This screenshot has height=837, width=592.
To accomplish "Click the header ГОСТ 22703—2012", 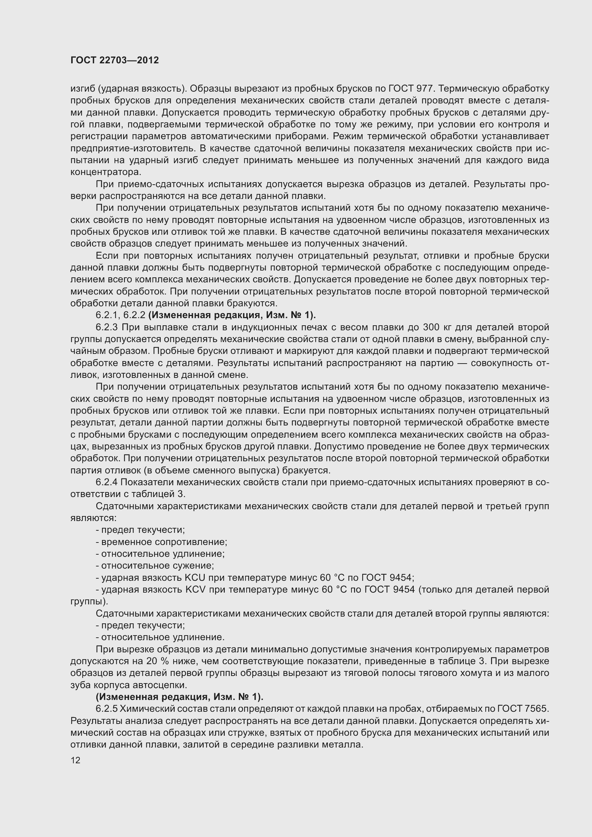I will (115, 60).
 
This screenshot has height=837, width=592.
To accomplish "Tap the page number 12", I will (76, 760).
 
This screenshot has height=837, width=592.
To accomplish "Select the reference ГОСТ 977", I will (410, 89).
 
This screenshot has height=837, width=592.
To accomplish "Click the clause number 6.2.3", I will (107, 327).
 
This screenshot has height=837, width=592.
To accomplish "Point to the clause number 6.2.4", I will (107, 482).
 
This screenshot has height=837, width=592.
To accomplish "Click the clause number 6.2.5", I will (107, 709).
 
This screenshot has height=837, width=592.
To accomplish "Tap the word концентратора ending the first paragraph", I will (105, 172).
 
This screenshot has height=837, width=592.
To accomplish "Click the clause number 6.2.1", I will (107, 315).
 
